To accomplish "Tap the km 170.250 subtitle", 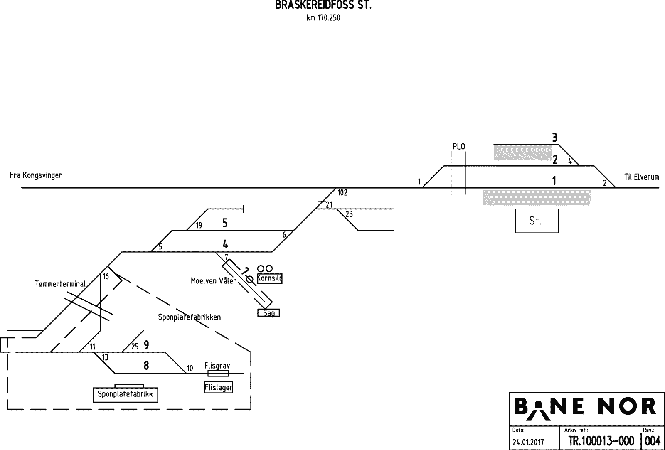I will tap(323, 18).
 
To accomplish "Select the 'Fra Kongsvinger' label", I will tap(36, 175).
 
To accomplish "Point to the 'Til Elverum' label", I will tap(641, 177).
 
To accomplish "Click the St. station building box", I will tap(537, 221).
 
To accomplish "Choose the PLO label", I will tap(458, 147).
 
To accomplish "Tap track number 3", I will tap(554, 137).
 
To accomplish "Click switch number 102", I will tap(342, 193).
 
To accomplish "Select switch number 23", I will tap(349, 214).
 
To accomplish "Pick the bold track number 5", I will tap(225, 223).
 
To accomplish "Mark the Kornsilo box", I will tap(270, 278).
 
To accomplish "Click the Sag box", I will tap(269, 313).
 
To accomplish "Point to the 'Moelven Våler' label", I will tap(213, 281).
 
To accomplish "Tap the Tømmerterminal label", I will tap(60, 284).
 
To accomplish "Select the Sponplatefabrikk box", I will tap(126, 394).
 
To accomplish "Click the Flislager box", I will tap(218, 388).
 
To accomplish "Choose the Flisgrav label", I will tap(217, 366).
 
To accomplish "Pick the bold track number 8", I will tap(146, 366).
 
